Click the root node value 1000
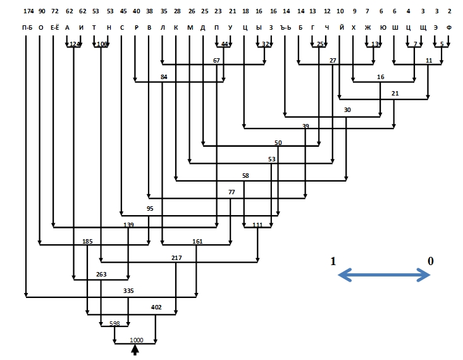[136, 340]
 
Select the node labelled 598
[114, 323]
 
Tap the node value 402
[157, 307]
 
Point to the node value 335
[129, 290]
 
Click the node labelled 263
[101, 274]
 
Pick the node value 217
[176, 258]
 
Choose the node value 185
[87, 242]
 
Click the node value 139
[128, 225]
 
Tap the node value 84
[164, 77]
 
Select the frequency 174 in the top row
[27, 11]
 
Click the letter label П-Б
[27, 28]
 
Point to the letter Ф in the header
[449, 28]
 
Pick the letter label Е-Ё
[54, 28]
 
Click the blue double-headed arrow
[384, 275]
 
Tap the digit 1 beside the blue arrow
[333, 261]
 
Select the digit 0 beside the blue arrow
[431, 261]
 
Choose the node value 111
[257, 225]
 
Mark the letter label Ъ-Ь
[287, 28]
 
